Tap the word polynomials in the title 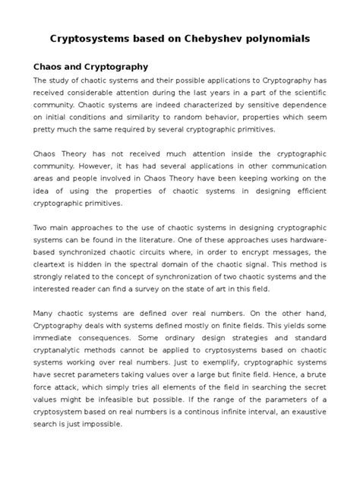tap(279, 37)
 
